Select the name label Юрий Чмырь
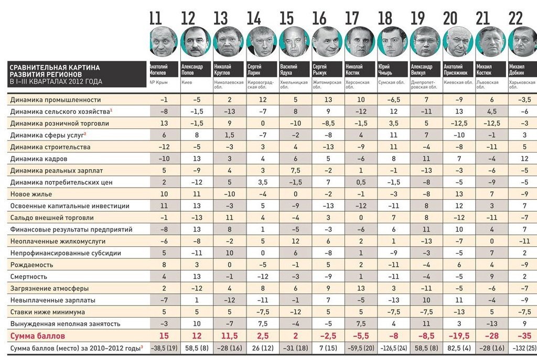coord(385,70)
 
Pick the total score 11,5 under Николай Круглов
coord(222,335)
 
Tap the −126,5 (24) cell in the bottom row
coord(391,348)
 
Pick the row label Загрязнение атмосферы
coord(45,288)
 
